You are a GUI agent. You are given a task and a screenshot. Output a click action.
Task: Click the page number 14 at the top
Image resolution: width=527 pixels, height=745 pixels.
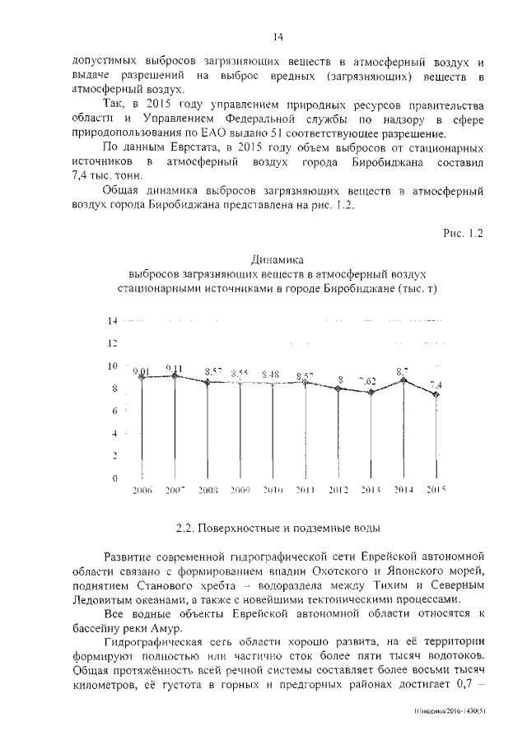point(278,36)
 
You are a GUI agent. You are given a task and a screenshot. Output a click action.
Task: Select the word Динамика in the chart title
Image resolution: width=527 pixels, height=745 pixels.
point(278,258)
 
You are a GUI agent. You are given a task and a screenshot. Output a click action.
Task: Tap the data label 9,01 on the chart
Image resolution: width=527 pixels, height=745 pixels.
point(142,371)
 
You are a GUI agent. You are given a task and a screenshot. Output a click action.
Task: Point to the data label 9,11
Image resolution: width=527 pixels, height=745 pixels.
point(174,368)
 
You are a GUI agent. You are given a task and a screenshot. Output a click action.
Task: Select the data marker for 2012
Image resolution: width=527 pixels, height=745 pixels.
point(338,388)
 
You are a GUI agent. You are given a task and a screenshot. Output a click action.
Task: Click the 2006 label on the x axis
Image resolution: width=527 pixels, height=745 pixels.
point(142,489)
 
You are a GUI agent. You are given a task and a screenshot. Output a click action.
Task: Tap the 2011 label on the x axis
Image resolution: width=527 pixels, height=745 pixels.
point(305,489)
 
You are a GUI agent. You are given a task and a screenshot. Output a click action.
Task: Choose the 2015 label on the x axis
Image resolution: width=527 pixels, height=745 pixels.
point(435,489)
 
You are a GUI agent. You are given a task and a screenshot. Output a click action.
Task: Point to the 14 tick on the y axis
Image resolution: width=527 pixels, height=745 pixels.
point(114,320)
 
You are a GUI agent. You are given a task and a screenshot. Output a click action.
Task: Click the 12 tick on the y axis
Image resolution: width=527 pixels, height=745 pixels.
point(114,342)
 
